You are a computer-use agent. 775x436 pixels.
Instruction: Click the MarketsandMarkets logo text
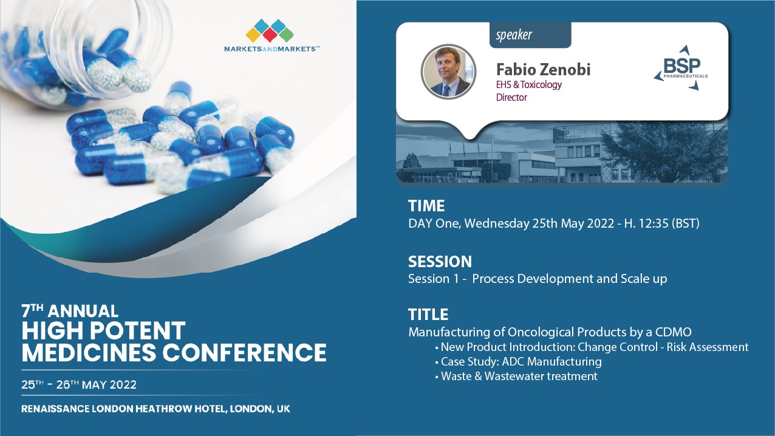click(272, 49)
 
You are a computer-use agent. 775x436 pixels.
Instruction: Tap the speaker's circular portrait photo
click(448, 72)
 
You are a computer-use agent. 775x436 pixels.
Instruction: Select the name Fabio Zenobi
click(543, 70)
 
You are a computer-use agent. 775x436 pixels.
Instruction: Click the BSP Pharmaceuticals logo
click(680, 68)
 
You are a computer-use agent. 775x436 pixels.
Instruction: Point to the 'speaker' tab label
click(514, 35)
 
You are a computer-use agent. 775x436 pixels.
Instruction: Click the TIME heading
click(426, 206)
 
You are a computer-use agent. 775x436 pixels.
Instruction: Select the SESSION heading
click(440, 262)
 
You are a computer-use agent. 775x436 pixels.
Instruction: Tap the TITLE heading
click(428, 315)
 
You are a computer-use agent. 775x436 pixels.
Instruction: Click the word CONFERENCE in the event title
click(244, 353)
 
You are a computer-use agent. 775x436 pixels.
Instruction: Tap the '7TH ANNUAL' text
click(70, 311)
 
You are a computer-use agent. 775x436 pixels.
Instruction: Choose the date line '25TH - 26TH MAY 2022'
click(79, 385)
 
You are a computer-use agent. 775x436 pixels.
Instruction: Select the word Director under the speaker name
click(511, 98)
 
